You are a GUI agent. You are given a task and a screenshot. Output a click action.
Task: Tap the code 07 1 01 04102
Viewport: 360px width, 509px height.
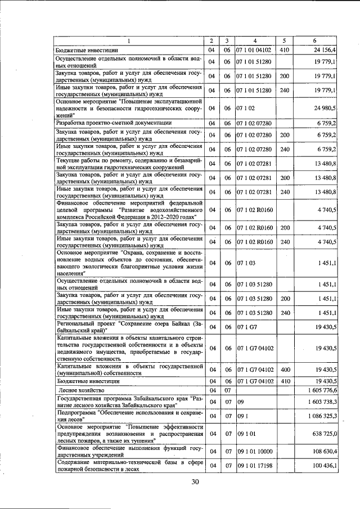pyautogui.click(x=254, y=50)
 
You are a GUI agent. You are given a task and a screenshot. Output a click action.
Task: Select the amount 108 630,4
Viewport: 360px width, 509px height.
pyautogui.click(x=323, y=451)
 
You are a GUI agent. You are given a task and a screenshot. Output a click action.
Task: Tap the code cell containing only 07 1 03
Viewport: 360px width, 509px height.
pyautogui.click(x=246, y=263)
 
